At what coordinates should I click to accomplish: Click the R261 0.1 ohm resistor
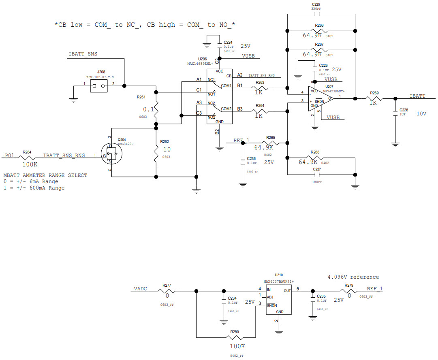(x=156, y=109)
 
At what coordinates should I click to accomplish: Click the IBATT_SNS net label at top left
(x=83, y=54)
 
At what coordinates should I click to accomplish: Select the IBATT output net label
(x=417, y=96)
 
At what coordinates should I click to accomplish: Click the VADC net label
(x=140, y=288)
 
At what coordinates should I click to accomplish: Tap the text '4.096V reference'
(x=353, y=277)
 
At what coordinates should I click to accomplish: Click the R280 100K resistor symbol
(x=235, y=337)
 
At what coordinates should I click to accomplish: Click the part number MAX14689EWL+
(x=200, y=64)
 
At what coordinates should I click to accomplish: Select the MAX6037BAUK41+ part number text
(x=278, y=281)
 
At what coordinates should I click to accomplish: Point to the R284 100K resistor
(x=27, y=156)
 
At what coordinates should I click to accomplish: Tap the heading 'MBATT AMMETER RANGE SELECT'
(x=45, y=175)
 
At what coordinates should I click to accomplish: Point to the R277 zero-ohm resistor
(x=167, y=291)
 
